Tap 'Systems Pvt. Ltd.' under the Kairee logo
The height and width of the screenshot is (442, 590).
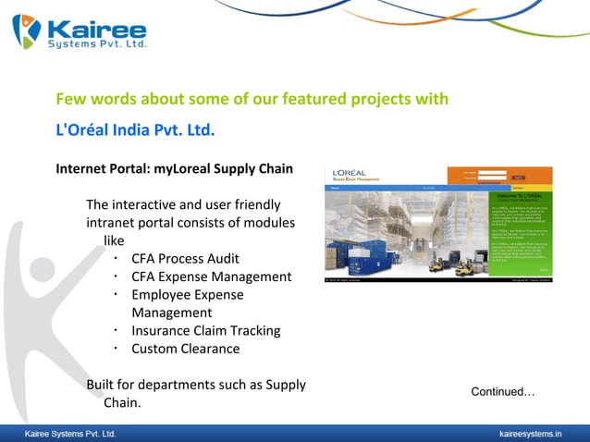coord(96,43)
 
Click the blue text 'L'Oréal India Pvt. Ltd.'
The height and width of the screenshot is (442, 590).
coord(135,129)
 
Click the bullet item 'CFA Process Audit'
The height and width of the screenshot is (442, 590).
coord(185,259)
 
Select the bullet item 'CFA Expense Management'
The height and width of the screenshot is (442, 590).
coord(211,276)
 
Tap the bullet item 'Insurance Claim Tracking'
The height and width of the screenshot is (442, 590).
coord(205,331)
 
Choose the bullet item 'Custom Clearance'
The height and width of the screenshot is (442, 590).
coord(185,349)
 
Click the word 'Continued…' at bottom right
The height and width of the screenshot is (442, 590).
coord(503,392)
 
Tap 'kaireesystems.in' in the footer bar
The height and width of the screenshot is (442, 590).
coord(530,433)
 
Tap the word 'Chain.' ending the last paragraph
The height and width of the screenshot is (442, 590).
coord(121,403)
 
